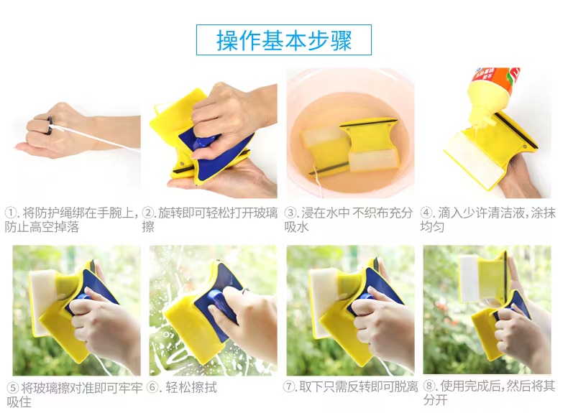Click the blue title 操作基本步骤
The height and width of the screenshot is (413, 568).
[x=284, y=40]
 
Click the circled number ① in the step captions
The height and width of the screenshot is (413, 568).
[x=10, y=213]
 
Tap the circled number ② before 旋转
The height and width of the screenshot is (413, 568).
[x=147, y=213]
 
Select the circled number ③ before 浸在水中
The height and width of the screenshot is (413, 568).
[x=290, y=213]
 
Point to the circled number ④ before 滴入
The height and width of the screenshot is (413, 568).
[x=427, y=213]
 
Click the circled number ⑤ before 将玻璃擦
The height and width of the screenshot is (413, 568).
[x=13, y=388]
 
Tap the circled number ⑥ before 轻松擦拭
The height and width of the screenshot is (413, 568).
[x=153, y=387]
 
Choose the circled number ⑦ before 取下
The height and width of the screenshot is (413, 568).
[x=290, y=386]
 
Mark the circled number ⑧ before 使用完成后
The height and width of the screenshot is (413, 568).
[x=430, y=386]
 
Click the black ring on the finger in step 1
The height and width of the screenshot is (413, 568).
[x=50, y=126]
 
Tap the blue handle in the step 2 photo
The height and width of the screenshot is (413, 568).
[x=205, y=143]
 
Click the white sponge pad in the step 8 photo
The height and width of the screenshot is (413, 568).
[x=469, y=279]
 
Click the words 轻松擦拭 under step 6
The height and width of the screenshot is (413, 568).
[x=191, y=388]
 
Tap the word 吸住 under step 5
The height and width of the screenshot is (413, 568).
[x=19, y=402]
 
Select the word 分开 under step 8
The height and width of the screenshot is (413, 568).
[x=436, y=400]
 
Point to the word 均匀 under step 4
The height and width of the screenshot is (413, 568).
[x=432, y=227]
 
